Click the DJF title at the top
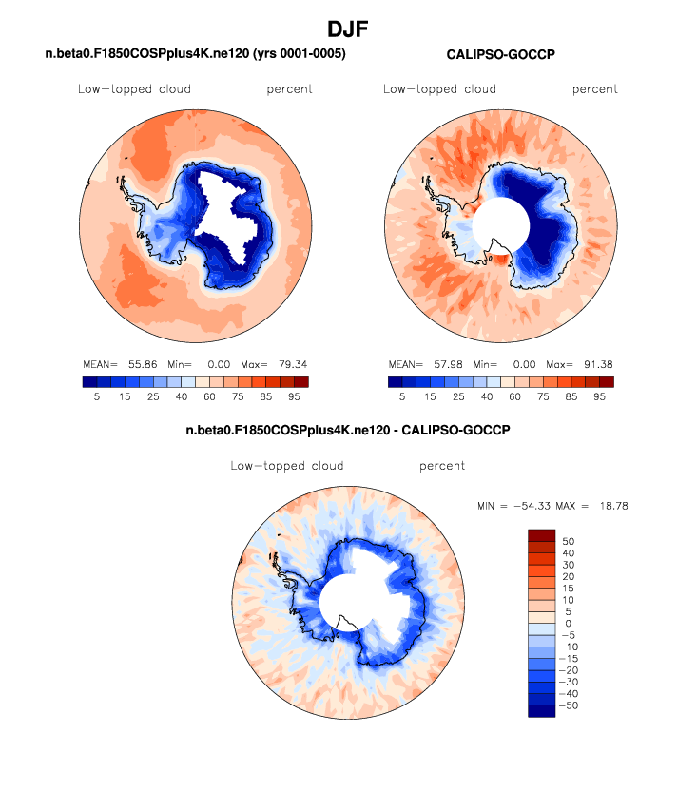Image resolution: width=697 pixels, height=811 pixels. [x=348, y=29]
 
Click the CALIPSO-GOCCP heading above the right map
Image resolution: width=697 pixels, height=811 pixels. [x=500, y=55]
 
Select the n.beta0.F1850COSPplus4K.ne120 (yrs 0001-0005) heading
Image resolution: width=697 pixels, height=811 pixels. [x=195, y=54]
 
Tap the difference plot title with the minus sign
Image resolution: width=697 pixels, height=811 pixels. [x=348, y=431]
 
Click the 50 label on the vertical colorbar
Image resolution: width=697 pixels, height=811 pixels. [x=568, y=540]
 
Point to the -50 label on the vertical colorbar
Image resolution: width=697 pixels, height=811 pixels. [x=571, y=705]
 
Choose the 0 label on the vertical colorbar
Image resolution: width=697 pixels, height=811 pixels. [x=568, y=623]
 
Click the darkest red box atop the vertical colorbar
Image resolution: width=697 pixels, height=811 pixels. [x=540, y=535]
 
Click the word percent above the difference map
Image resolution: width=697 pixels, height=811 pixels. [x=442, y=466]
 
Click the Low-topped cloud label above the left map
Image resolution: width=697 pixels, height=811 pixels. [x=134, y=89]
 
